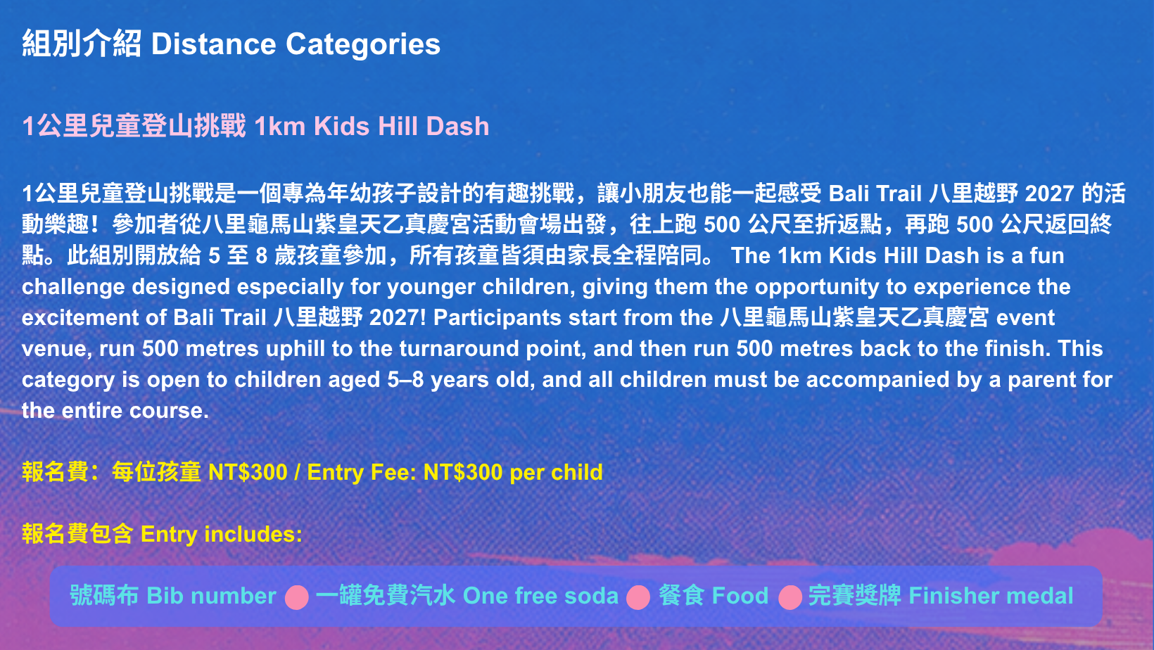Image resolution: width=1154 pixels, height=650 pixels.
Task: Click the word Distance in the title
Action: click(214, 44)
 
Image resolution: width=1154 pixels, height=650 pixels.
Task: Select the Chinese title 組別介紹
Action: click(82, 44)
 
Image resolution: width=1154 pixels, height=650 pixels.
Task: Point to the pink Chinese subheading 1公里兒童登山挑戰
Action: click(134, 126)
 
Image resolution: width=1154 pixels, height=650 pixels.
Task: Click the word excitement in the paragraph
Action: click(80, 318)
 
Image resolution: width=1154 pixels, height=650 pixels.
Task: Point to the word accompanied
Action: click(877, 380)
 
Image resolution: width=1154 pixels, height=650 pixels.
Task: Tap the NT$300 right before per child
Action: click(462, 472)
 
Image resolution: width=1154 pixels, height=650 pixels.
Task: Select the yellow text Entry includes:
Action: click(222, 534)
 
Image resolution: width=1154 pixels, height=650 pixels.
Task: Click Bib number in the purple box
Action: click(211, 596)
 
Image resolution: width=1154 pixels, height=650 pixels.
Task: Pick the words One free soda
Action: click(540, 596)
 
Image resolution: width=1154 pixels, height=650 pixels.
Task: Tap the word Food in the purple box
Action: click(740, 596)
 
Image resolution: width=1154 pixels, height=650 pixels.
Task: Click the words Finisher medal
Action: click(991, 596)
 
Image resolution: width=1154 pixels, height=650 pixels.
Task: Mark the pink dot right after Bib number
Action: click(297, 597)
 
